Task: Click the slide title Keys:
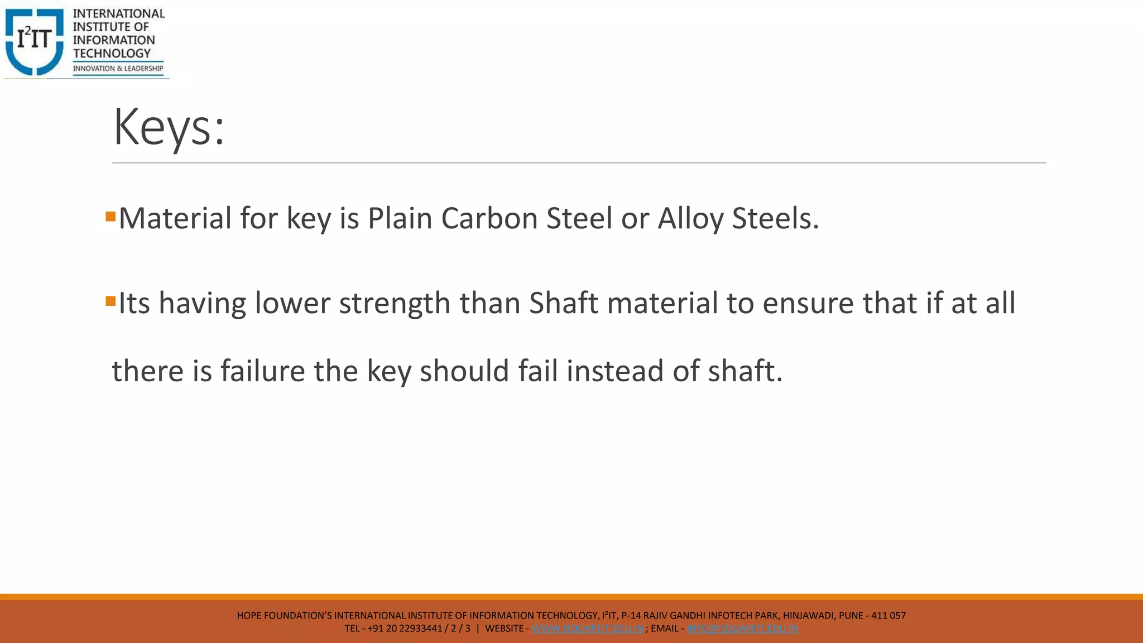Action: (169, 128)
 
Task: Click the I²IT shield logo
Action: (35, 41)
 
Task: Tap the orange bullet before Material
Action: (111, 216)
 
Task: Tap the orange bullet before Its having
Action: (111, 301)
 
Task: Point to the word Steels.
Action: (775, 218)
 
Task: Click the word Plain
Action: (400, 218)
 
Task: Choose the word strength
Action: (395, 304)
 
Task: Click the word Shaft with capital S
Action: (564, 304)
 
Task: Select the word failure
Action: (263, 371)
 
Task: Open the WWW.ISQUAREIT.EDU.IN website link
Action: (587, 628)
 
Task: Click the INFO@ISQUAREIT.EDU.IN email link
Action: (742, 628)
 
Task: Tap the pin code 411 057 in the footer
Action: (888, 616)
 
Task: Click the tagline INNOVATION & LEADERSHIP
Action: (118, 69)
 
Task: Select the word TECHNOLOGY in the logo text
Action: (112, 54)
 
